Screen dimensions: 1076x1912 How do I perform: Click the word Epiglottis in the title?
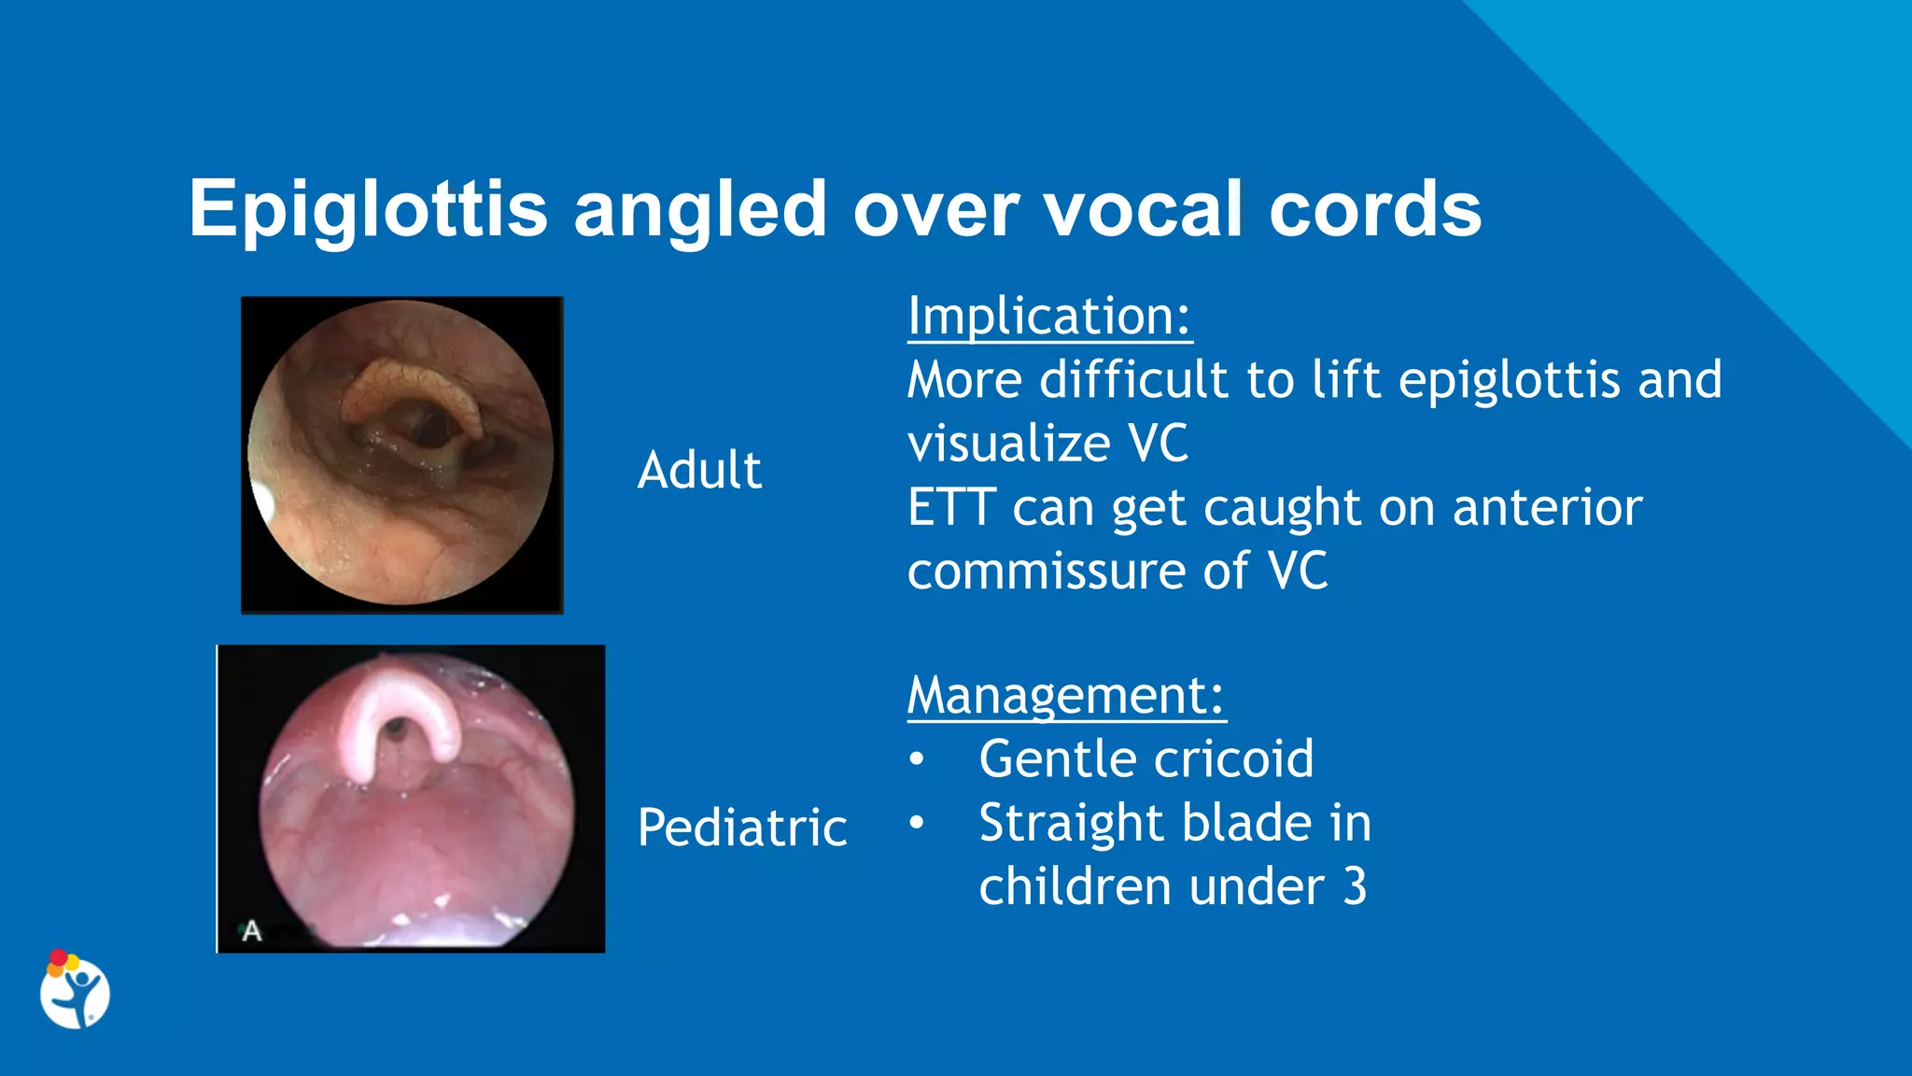(368, 210)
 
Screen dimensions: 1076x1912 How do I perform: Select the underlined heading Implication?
(1049, 316)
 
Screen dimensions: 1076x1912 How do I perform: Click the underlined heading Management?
(1065, 695)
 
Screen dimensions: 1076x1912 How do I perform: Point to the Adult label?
(699, 469)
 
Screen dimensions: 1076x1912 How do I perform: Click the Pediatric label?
(742, 828)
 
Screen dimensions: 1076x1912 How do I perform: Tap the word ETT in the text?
(951, 508)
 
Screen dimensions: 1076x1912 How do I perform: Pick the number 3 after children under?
(1355, 886)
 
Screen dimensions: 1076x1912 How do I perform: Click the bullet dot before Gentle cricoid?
(917, 759)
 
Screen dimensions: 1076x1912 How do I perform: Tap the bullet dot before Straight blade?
(917, 823)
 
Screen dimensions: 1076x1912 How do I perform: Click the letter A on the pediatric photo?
(251, 931)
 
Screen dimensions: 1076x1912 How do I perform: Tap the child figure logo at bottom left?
(75, 991)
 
